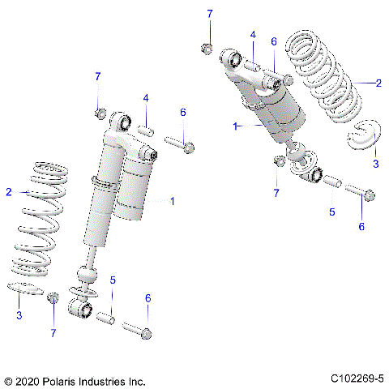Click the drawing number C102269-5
pyautogui.click(x=357, y=378)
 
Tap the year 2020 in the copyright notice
pyautogui.click(x=28, y=379)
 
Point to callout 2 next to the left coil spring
pyautogui.click(x=9, y=192)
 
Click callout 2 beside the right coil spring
pyautogui.click(x=378, y=82)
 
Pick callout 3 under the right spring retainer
pyautogui.click(x=375, y=163)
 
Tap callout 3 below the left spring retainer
pyautogui.click(x=19, y=315)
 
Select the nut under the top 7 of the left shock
pyautogui.click(x=100, y=112)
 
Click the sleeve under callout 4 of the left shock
pyautogui.click(x=146, y=130)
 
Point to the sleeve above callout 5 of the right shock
pyautogui.click(x=331, y=182)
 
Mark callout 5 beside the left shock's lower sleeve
pyautogui.click(x=113, y=280)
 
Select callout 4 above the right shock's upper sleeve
pyautogui.click(x=253, y=35)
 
